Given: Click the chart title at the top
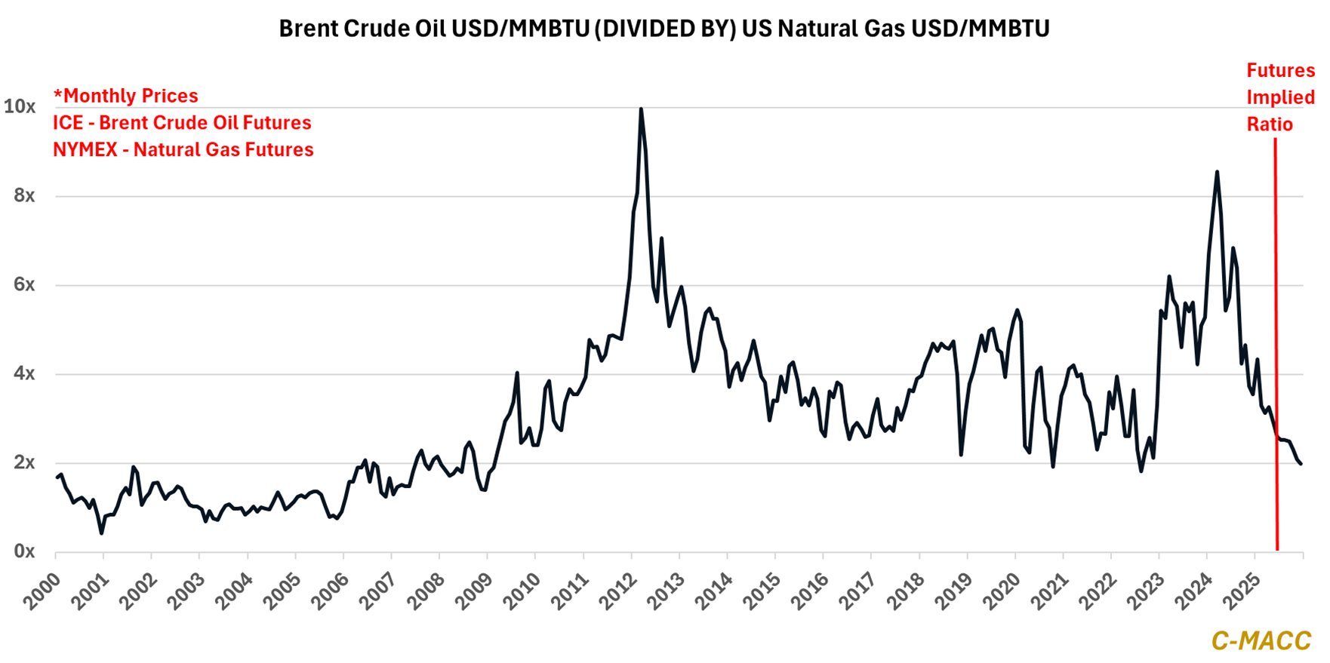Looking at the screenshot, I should [664, 29].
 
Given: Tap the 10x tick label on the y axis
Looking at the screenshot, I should [20, 106].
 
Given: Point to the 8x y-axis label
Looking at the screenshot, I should [24, 195].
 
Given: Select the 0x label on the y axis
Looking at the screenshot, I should [24, 551].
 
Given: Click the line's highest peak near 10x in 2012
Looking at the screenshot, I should [641, 109].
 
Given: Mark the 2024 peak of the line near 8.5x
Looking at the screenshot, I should [1217, 172].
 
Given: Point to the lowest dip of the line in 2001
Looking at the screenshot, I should [101, 533].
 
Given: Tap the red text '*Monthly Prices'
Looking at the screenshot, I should [125, 96].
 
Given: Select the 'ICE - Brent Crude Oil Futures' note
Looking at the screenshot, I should [182, 123].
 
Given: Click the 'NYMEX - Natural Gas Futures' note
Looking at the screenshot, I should [183, 150].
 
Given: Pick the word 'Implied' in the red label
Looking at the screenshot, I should [1280, 97].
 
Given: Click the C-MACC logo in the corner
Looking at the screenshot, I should [1261, 640].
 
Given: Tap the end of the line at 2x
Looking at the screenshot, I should [1301, 464].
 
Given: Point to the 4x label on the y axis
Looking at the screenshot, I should [24, 373].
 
